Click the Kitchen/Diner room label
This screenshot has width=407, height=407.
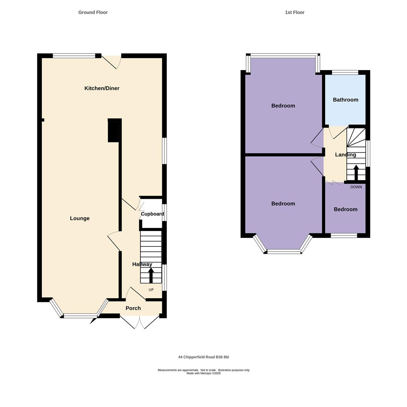tap(102, 88)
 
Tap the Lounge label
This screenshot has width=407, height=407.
tap(80, 218)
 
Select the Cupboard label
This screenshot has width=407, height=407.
tap(152, 214)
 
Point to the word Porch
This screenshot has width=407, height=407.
tap(133, 308)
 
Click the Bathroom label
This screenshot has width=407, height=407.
tap(345, 100)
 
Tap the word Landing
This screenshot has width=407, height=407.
tap(345, 155)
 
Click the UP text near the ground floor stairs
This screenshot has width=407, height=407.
tap(151, 290)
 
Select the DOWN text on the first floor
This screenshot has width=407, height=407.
tap(356, 187)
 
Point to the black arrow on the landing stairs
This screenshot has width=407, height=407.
tap(356, 172)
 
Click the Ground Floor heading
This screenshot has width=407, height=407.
tap(93, 12)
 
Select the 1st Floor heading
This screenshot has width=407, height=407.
tap(294, 12)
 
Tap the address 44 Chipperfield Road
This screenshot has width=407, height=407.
tap(203, 357)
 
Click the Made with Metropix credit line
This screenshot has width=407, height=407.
tap(203, 373)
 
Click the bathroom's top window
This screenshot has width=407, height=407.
tap(345, 72)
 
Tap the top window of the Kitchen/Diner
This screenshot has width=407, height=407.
tap(74, 56)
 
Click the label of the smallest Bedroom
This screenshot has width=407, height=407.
tap(345, 210)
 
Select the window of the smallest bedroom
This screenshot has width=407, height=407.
tap(344, 236)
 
